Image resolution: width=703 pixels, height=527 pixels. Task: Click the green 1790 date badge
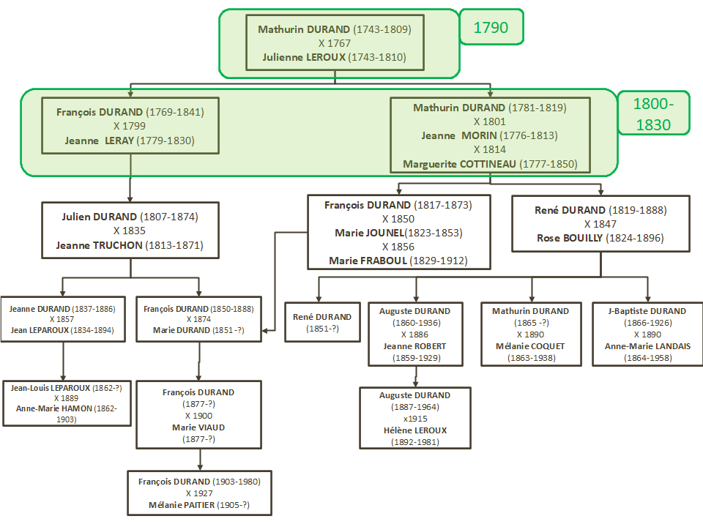click(x=491, y=29)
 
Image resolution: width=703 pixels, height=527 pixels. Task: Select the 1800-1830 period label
click(x=652, y=113)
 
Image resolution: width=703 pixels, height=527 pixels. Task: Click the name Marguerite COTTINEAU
click(x=459, y=164)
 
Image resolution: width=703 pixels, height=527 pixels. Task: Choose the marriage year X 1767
click(x=335, y=43)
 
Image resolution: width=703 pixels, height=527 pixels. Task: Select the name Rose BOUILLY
click(x=568, y=238)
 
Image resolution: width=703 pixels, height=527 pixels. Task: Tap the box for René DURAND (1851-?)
click(x=322, y=322)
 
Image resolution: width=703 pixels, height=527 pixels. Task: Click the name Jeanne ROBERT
click(x=414, y=346)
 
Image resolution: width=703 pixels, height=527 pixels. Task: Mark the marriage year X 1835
click(x=130, y=231)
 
